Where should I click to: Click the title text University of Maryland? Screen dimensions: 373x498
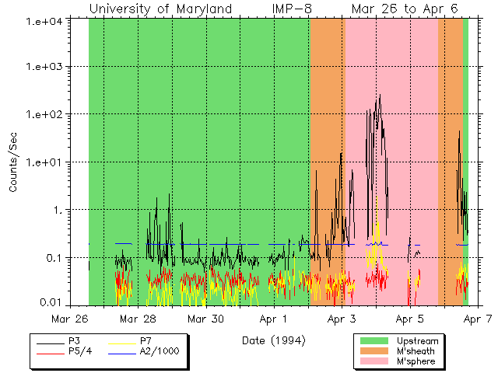(160, 9)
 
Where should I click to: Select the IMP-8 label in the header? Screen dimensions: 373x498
(295, 9)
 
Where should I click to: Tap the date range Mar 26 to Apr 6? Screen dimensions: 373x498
(404, 9)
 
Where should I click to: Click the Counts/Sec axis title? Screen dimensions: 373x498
(13, 162)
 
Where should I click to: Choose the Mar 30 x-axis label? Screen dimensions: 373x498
(206, 319)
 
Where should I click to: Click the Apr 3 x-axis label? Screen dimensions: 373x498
(342, 319)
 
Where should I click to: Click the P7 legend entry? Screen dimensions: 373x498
(145, 341)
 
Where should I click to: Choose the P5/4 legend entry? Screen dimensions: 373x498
(76, 351)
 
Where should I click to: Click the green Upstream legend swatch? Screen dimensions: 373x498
(374, 341)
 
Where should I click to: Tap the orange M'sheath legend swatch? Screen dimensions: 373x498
(374, 351)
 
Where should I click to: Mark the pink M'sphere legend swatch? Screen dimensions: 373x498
(374, 361)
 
